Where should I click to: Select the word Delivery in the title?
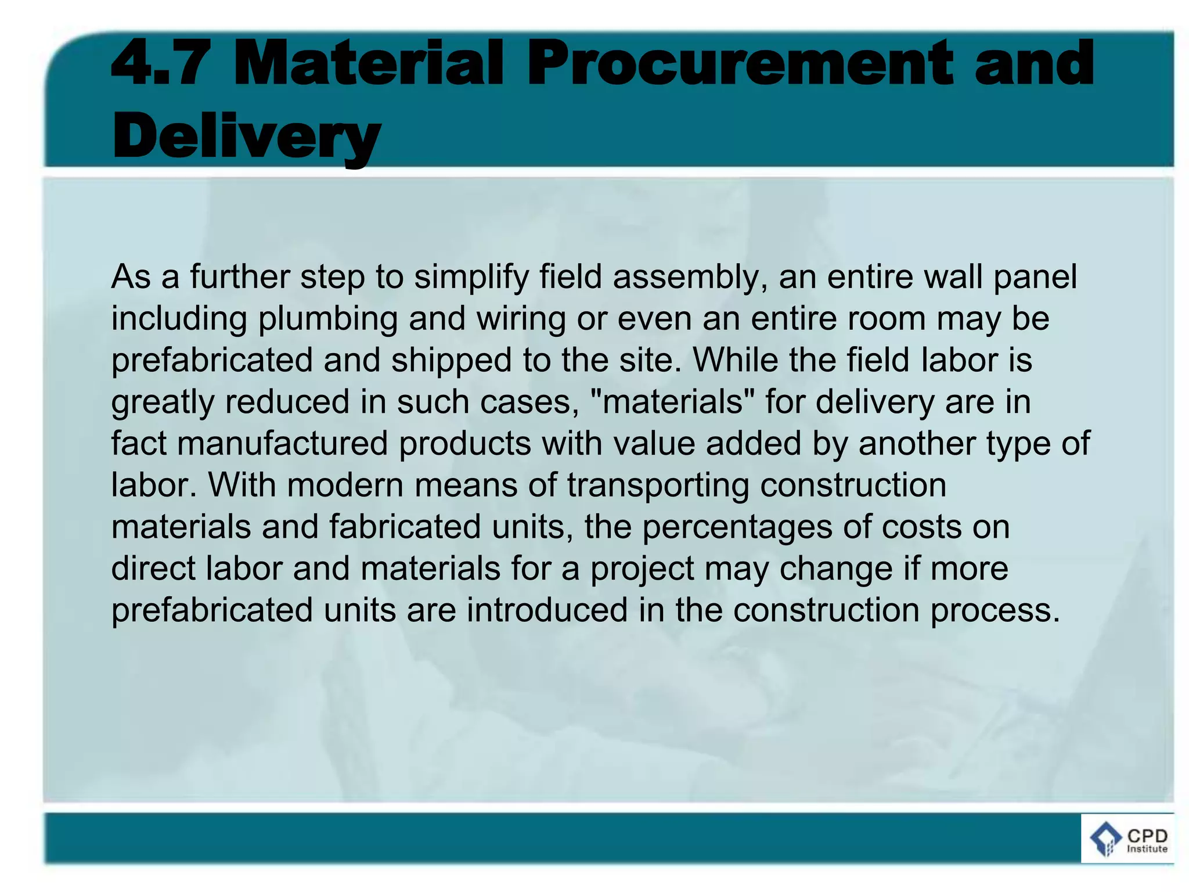coord(246,137)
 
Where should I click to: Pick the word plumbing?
coord(327,319)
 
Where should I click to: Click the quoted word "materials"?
coord(672,402)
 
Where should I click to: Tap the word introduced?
coord(547,610)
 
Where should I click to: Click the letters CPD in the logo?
coord(1147,836)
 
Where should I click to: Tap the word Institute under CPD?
coord(1147,849)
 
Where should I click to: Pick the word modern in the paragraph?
coord(345,485)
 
